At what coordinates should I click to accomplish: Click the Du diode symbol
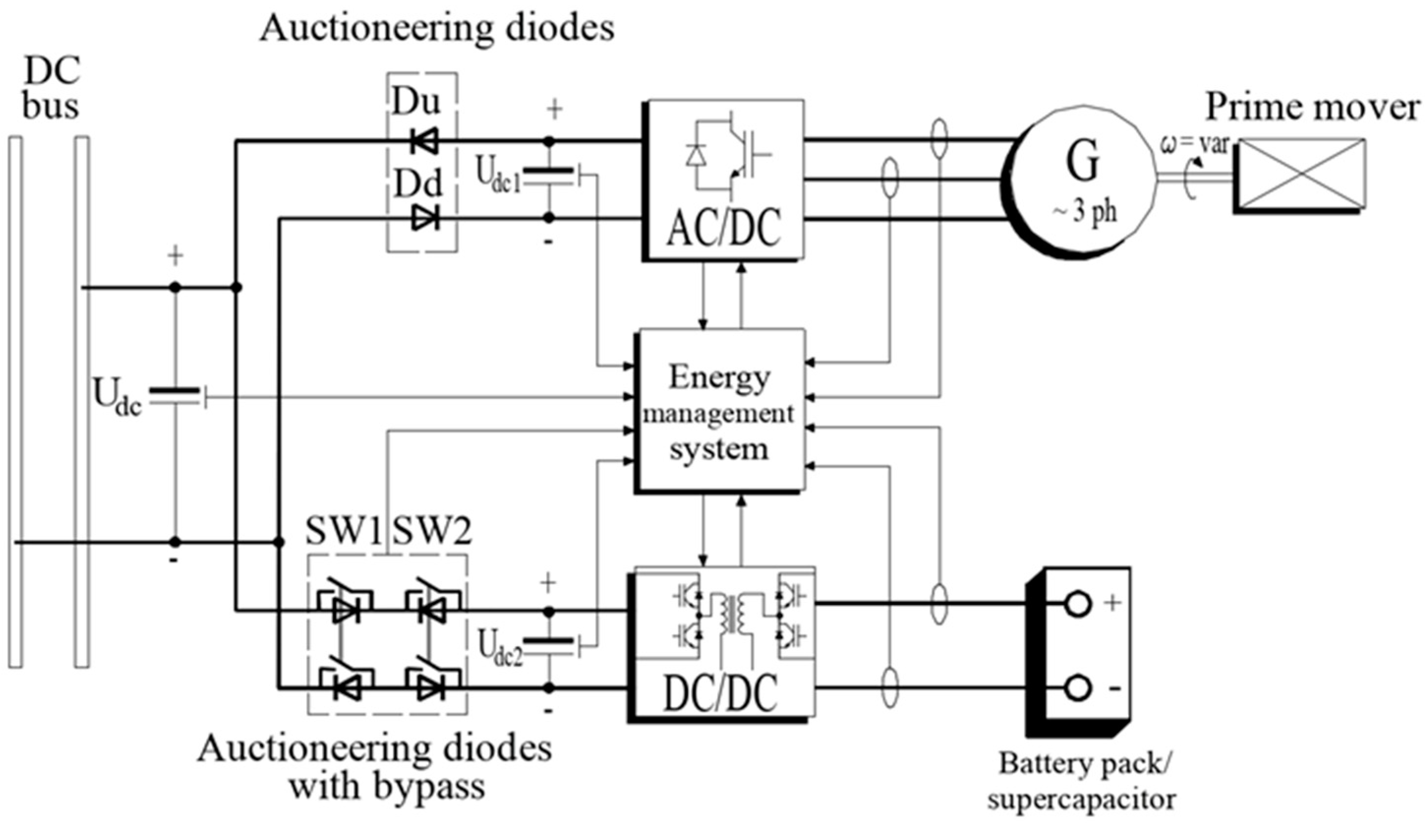pyautogui.click(x=425, y=141)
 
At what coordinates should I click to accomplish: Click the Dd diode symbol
pyautogui.click(x=425, y=218)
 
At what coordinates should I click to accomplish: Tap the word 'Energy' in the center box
pyautogui.click(x=719, y=377)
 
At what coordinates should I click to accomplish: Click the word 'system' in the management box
pyautogui.click(x=719, y=450)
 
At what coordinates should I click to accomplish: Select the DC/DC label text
pyautogui.click(x=720, y=694)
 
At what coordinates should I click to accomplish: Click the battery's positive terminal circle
pyautogui.click(x=1077, y=604)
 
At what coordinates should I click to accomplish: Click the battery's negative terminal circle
pyautogui.click(x=1077, y=688)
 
